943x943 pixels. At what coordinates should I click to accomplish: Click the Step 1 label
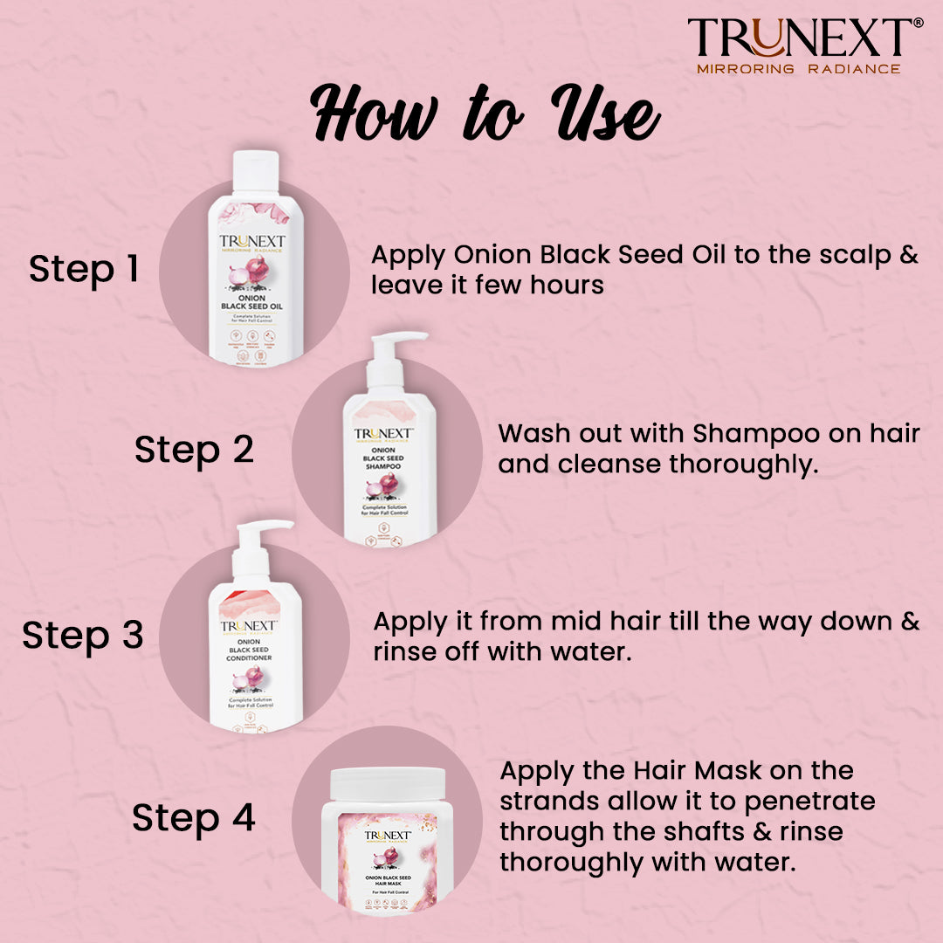coord(84,269)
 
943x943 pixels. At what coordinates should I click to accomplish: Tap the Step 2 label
coord(194,450)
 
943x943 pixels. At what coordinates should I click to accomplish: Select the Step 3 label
coord(83,635)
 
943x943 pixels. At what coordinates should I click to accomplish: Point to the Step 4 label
coord(194,818)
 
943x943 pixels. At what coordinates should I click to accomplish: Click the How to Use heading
coord(485,114)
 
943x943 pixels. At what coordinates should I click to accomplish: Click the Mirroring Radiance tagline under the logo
coord(798,68)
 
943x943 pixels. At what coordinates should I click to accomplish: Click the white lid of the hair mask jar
coord(387,783)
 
